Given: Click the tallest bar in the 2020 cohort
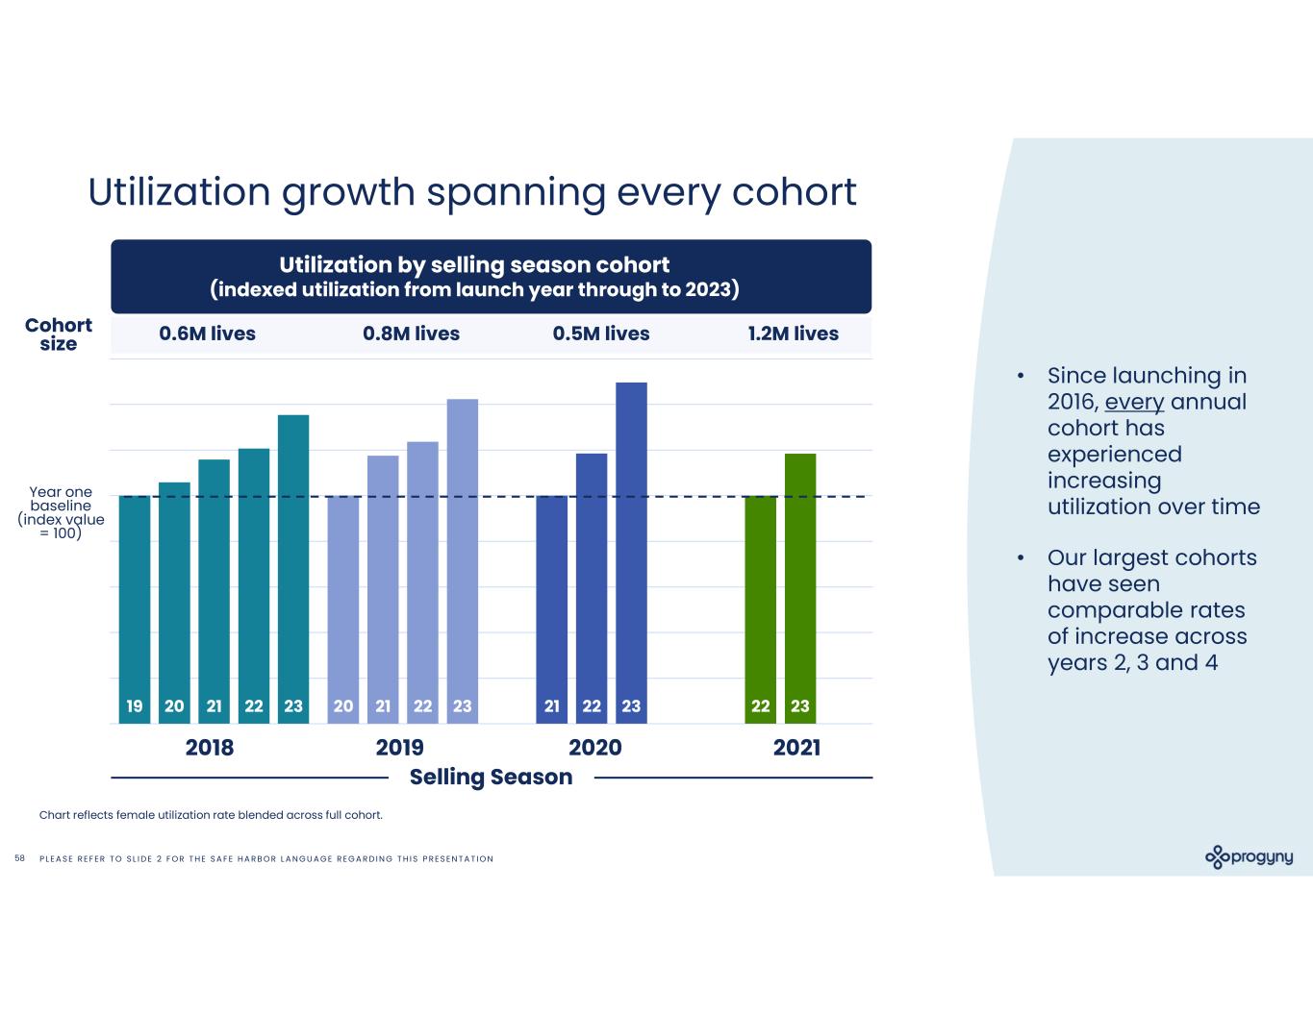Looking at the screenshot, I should coord(631,553).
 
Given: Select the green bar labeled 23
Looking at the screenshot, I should coord(800,588).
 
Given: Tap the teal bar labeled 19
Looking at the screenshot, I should coord(135,609).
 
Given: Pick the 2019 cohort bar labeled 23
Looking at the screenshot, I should coord(463,561).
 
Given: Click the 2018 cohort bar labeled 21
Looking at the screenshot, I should coord(214,591).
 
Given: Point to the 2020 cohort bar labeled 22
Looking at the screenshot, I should coord(592,588).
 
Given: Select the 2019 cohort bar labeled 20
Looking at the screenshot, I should coord(343,609).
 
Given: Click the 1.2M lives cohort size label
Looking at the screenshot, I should coord(793,334).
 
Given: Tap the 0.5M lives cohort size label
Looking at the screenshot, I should coord(601,334).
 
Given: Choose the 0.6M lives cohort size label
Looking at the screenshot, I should coord(208,334).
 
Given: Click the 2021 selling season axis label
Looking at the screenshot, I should coord(796,748).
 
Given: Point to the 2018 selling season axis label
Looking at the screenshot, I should coord(209,748).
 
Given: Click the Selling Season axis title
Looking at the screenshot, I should coord(491,777).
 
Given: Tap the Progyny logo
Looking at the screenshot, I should coord(1249,856).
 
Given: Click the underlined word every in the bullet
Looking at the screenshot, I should coord(1134,402).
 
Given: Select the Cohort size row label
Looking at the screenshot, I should coord(59,334).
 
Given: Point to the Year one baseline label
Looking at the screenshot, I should coord(61,512).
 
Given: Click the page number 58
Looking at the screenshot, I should coord(20,858).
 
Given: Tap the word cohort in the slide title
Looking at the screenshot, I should coord(794,191).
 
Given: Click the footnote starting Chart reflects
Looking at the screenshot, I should coord(211,815).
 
